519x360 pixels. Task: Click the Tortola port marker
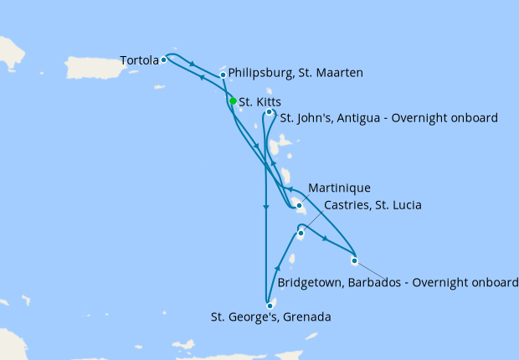164,59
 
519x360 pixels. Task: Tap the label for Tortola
139,60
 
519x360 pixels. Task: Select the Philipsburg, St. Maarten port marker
223,75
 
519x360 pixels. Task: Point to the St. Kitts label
259,102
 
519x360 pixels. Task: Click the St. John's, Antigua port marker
269,112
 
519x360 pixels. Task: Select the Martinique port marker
299,205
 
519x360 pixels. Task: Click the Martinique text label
339,187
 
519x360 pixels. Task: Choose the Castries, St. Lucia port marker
300,234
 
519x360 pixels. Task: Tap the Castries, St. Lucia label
364,204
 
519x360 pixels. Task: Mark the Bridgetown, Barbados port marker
354,260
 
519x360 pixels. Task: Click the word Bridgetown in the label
308,283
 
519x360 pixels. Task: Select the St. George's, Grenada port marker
270,306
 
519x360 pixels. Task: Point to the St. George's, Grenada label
270,317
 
